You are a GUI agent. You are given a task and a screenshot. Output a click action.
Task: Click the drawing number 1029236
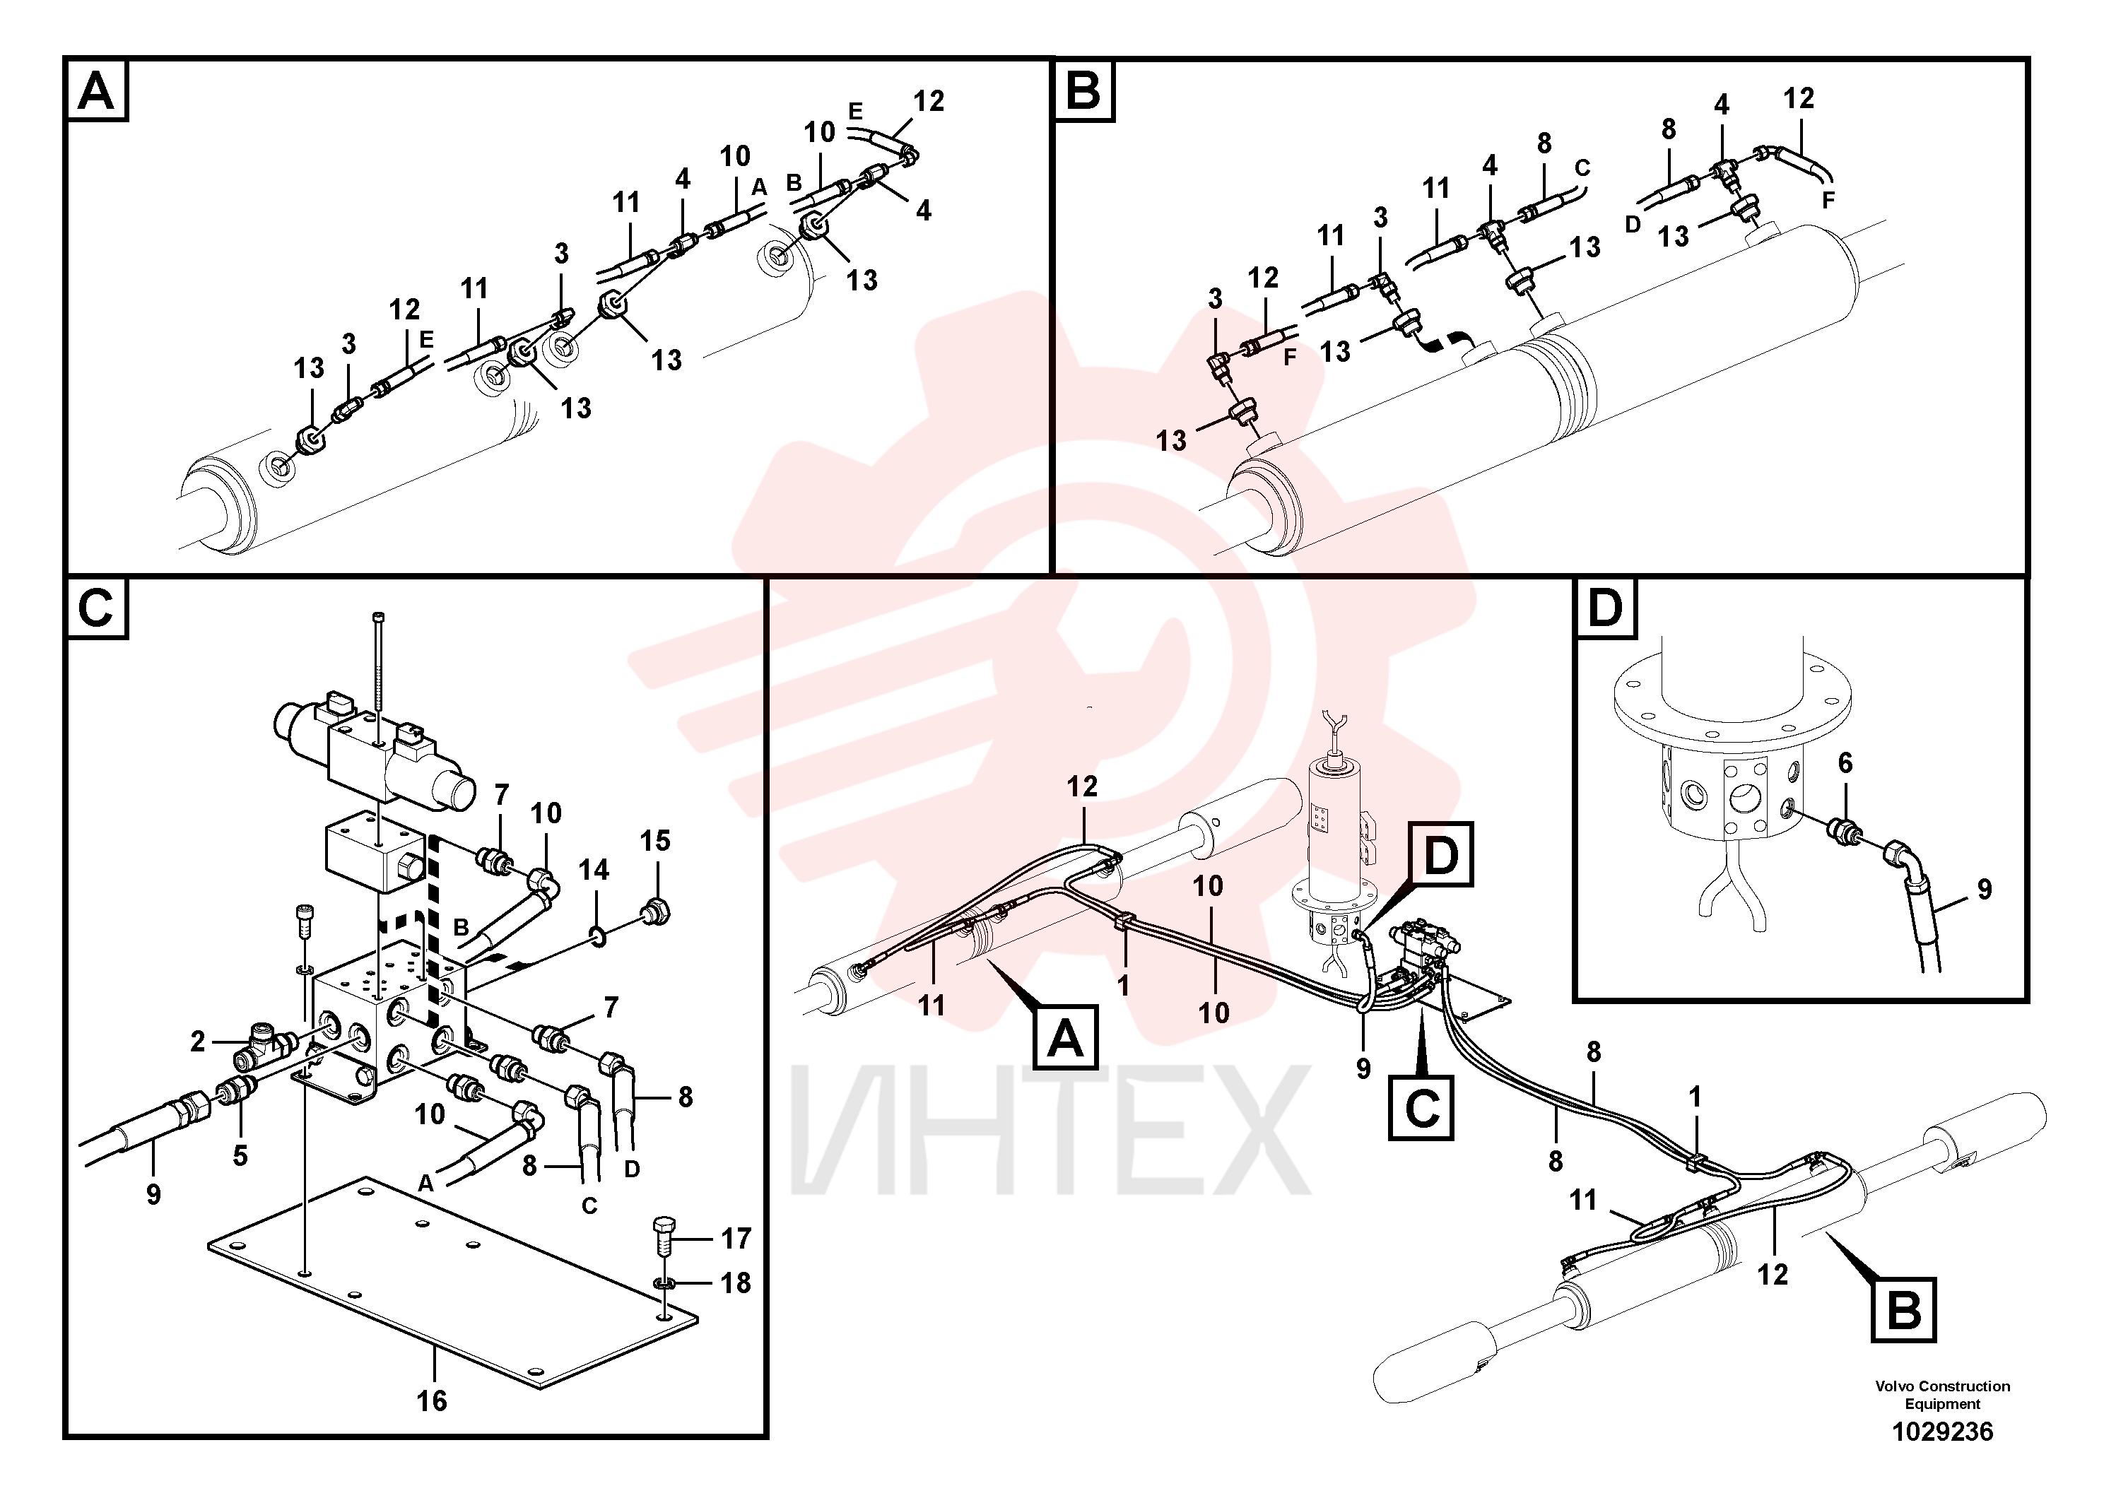[1942, 1431]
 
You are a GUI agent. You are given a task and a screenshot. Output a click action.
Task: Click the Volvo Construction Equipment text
[1942, 1394]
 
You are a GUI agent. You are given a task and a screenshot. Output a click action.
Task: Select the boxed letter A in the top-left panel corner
[97, 90]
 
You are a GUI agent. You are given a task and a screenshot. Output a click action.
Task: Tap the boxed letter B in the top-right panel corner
[1084, 90]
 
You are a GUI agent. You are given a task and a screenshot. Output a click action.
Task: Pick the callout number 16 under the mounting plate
[432, 1400]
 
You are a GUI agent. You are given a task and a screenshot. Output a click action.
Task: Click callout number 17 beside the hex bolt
[736, 1239]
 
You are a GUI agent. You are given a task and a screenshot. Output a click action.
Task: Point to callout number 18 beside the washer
[736, 1282]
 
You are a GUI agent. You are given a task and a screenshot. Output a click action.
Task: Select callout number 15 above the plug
[655, 840]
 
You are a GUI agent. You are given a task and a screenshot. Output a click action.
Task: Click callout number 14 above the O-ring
[594, 869]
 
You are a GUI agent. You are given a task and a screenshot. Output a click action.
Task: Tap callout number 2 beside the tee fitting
[198, 1042]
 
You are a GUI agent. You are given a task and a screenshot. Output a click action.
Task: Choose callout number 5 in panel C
[240, 1155]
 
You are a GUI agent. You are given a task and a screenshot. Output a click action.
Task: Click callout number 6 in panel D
[1845, 762]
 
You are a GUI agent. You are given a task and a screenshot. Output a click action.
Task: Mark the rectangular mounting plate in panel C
[453, 1280]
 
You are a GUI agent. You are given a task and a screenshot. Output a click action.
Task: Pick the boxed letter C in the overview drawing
[1421, 1108]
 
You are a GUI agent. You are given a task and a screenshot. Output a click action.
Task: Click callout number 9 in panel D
[1985, 889]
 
